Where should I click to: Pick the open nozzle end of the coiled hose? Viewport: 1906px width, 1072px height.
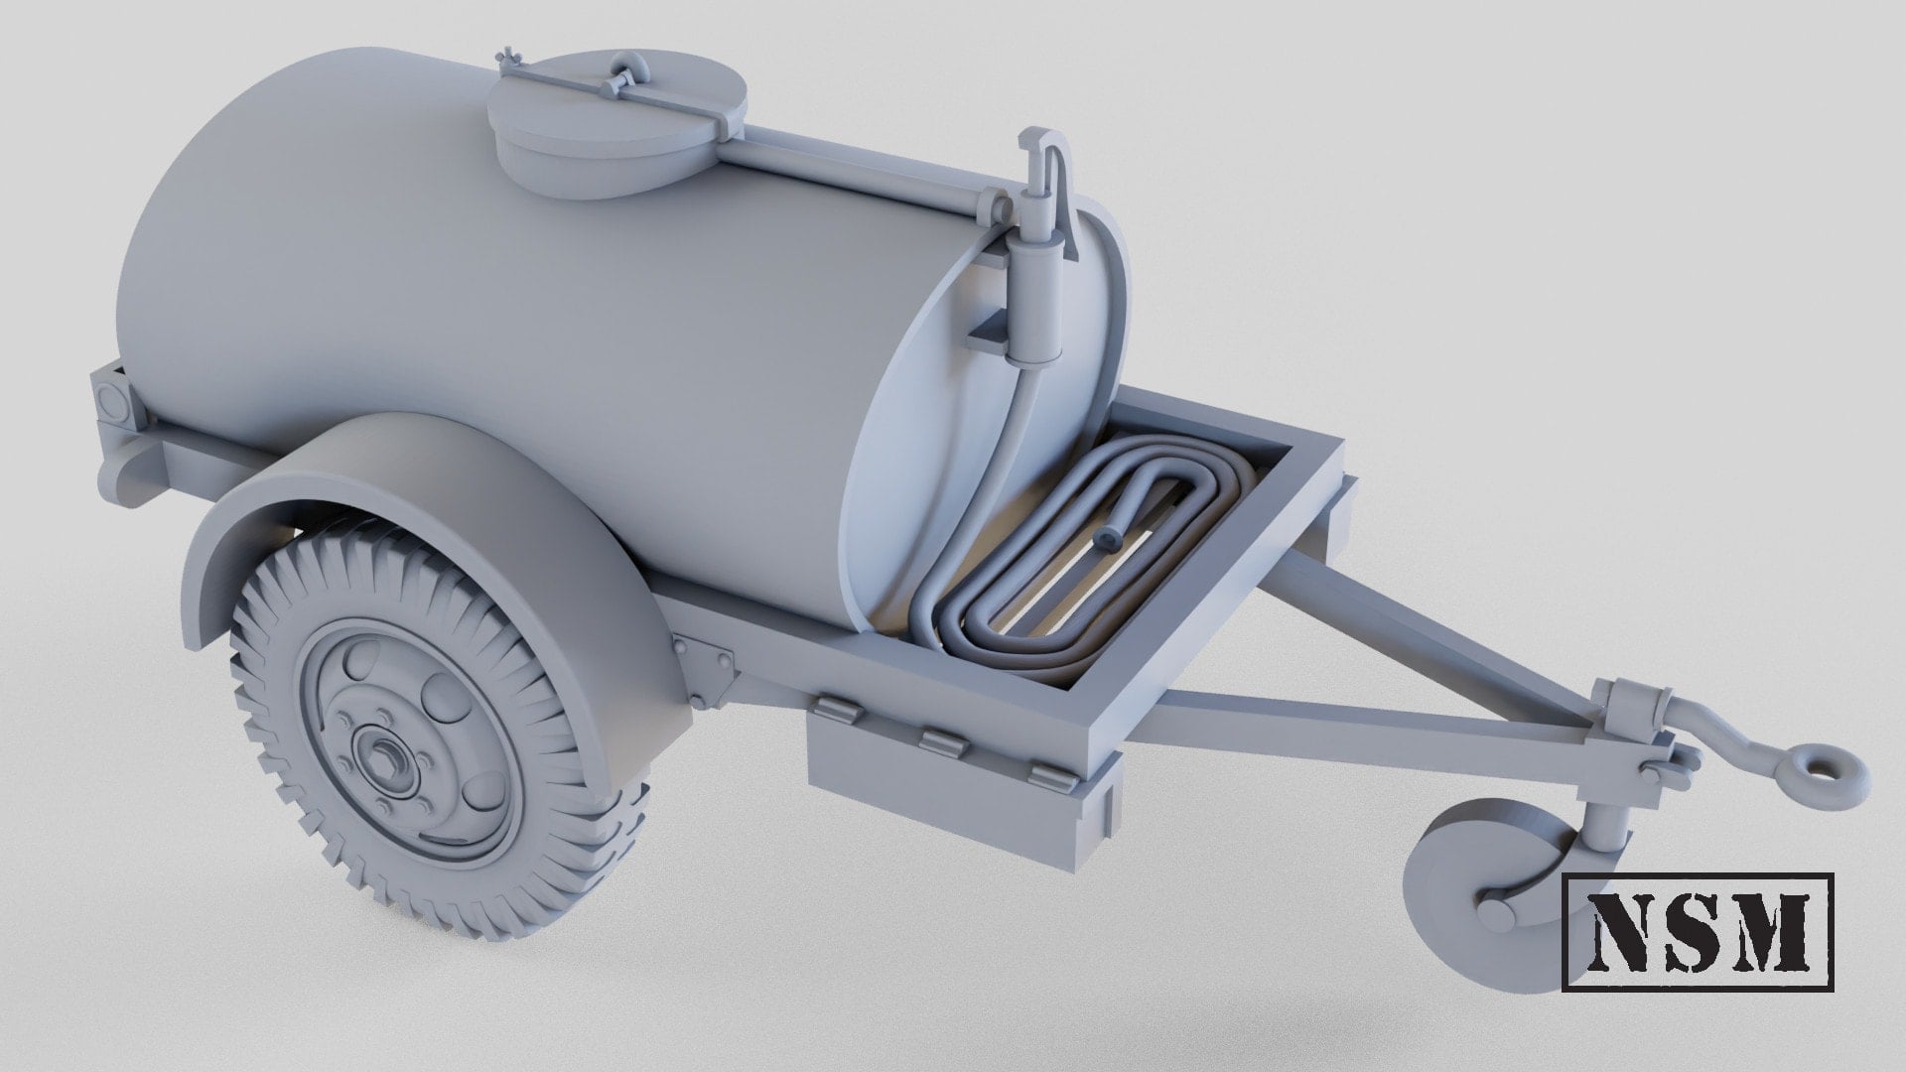1105,538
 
